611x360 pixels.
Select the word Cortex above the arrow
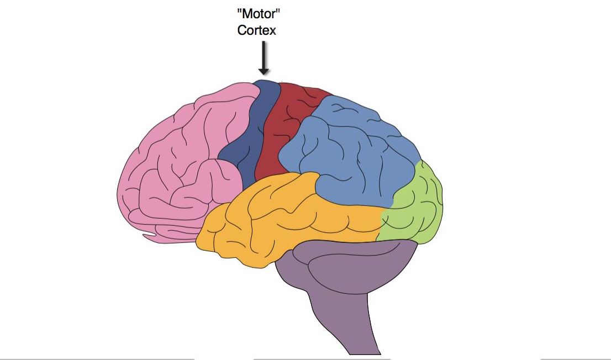pyautogui.click(x=256, y=30)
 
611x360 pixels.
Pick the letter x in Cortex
pyautogui.click(x=272, y=31)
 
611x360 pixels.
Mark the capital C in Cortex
pyautogui.click(x=242, y=30)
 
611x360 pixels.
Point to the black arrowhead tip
pyautogui.click(x=264, y=73)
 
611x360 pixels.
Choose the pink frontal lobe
pyautogui.click(x=177, y=166)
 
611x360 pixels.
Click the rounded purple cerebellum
pyautogui.click(x=354, y=271)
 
